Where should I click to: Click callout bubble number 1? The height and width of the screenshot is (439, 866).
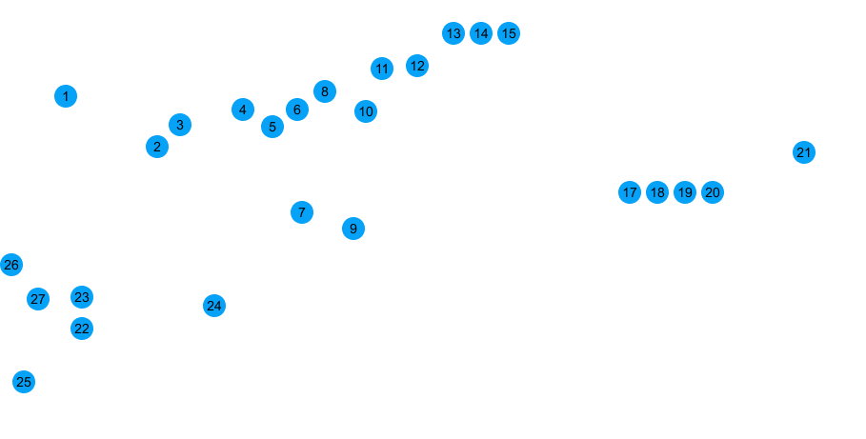click(x=66, y=96)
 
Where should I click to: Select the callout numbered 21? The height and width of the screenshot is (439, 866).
click(x=804, y=151)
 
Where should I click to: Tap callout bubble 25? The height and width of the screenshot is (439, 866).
click(x=25, y=381)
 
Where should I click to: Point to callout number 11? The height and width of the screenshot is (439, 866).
click(x=383, y=70)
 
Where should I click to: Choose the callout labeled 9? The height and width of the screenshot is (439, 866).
click(x=352, y=228)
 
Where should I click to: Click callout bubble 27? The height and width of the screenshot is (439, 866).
click(x=37, y=299)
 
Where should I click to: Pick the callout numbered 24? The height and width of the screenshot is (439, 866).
click(x=214, y=306)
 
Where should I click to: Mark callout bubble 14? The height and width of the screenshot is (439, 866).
click(x=481, y=34)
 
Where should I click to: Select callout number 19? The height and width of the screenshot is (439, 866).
click(x=684, y=192)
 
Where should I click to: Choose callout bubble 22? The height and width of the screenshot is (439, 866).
click(x=82, y=328)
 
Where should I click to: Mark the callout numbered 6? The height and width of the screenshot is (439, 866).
click(x=296, y=110)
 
